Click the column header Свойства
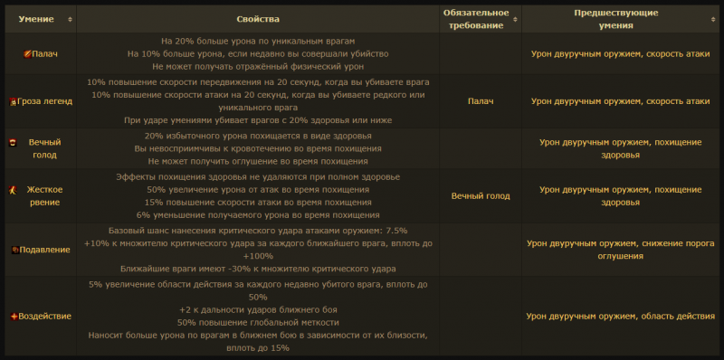pos(258,18)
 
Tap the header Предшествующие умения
pos(615,18)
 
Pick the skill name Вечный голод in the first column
pos(43,148)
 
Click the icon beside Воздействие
pos(14,316)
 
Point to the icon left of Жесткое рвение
pos(14,190)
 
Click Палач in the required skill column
pos(481,100)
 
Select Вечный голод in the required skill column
pos(481,195)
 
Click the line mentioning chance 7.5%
pos(258,230)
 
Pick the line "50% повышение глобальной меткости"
pos(258,322)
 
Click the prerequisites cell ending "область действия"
pos(615,316)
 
